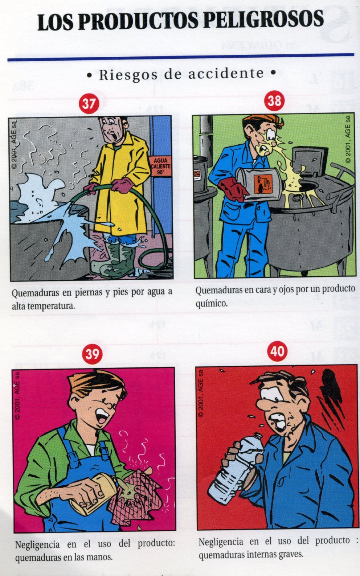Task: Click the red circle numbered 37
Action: (89, 104)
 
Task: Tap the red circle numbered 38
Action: (274, 101)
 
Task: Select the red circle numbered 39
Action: (92, 354)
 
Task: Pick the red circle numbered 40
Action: (277, 351)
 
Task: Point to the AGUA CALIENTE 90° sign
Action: (160, 166)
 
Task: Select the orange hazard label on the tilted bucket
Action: (263, 184)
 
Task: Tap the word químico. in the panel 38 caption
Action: (212, 304)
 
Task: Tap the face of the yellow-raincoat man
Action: (112, 131)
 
